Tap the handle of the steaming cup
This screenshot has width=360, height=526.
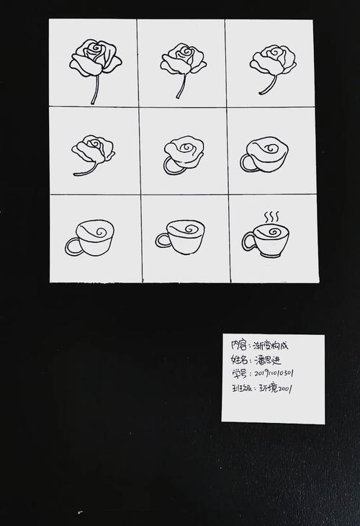248,241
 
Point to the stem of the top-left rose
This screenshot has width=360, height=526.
94,90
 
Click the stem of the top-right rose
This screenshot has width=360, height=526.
267,84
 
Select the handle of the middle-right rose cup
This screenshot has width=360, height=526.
246,163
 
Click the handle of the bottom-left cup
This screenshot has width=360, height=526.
72,246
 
